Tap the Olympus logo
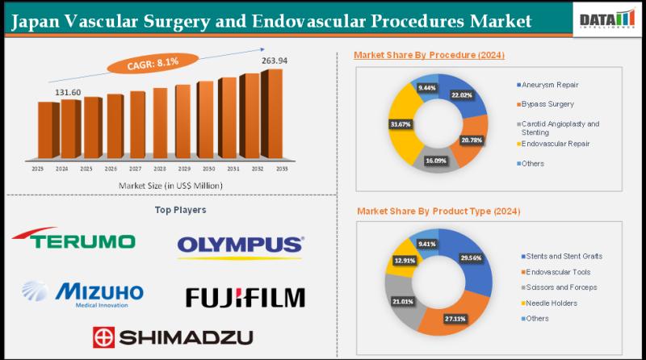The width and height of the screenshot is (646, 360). (x=241, y=245)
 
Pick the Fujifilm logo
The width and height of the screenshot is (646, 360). (x=245, y=297)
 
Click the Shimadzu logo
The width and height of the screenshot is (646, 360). (x=172, y=336)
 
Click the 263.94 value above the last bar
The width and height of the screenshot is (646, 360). (x=275, y=61)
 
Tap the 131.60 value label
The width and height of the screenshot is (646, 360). (x=69, y=92)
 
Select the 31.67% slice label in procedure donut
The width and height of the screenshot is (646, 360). (x=400, y=123)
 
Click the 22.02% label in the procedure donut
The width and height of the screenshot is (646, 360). (x=463, y=95)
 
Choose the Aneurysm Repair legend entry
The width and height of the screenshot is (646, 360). (x=549, y=85)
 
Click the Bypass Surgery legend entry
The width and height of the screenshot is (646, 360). (x=547, y=104)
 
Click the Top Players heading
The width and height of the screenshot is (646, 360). (x=179, y=209)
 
